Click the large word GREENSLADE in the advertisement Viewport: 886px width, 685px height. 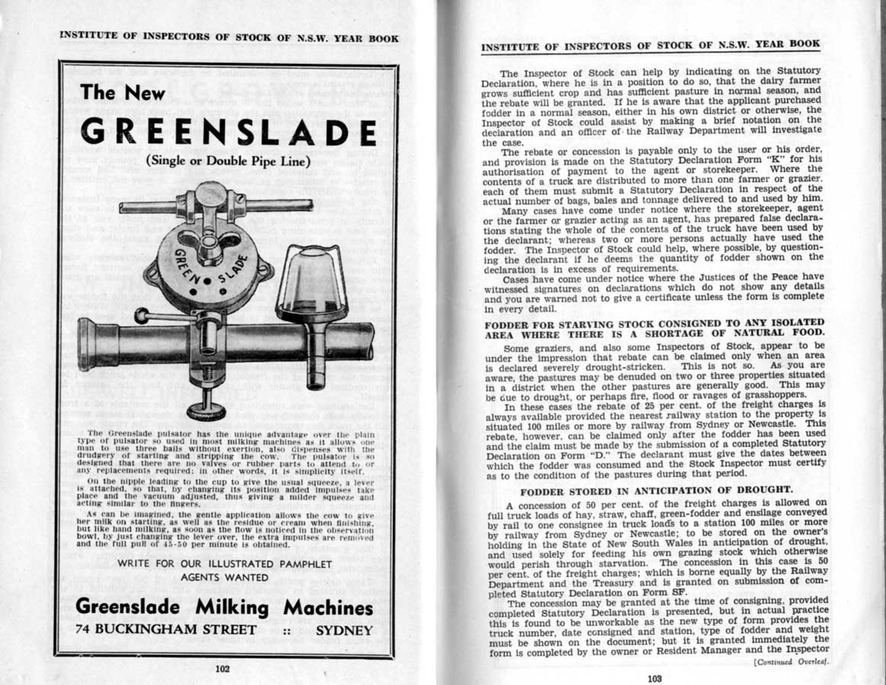click(x=228, y=132)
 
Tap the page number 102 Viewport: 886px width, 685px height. click(x=222, y=669)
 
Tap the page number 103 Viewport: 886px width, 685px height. click(x=654, y=678)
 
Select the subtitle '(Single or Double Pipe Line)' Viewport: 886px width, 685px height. click(x=228, y=162)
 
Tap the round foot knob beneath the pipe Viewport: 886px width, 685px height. click(x=206, y=411)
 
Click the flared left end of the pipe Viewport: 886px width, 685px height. click(x=88, y=344)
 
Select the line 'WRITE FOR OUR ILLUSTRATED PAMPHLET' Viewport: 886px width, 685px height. click(x=225, y=564)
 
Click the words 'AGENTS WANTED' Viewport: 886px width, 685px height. click(x=225, y=578)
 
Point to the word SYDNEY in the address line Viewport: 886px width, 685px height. click(x=344, y=630)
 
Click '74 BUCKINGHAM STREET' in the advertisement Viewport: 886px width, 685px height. click(x=166, y=630)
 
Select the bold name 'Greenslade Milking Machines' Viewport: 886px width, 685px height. click(x=225, y=607)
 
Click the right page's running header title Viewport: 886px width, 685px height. click(x=651, y=46)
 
